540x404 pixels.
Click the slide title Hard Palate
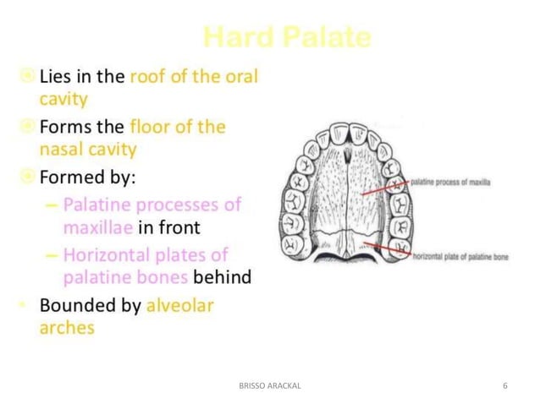click(x=288, y=37)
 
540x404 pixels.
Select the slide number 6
click(x=505, y=385)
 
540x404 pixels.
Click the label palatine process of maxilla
click(x=450, y=182)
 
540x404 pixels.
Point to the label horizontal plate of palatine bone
click(x=460, y=255)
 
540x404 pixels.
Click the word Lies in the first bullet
click(x=57, y=75)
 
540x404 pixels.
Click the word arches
click(x=67, y=328)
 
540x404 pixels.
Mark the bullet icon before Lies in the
click(x=28, y=76)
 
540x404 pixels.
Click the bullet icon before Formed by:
click(x=28, y=178)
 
